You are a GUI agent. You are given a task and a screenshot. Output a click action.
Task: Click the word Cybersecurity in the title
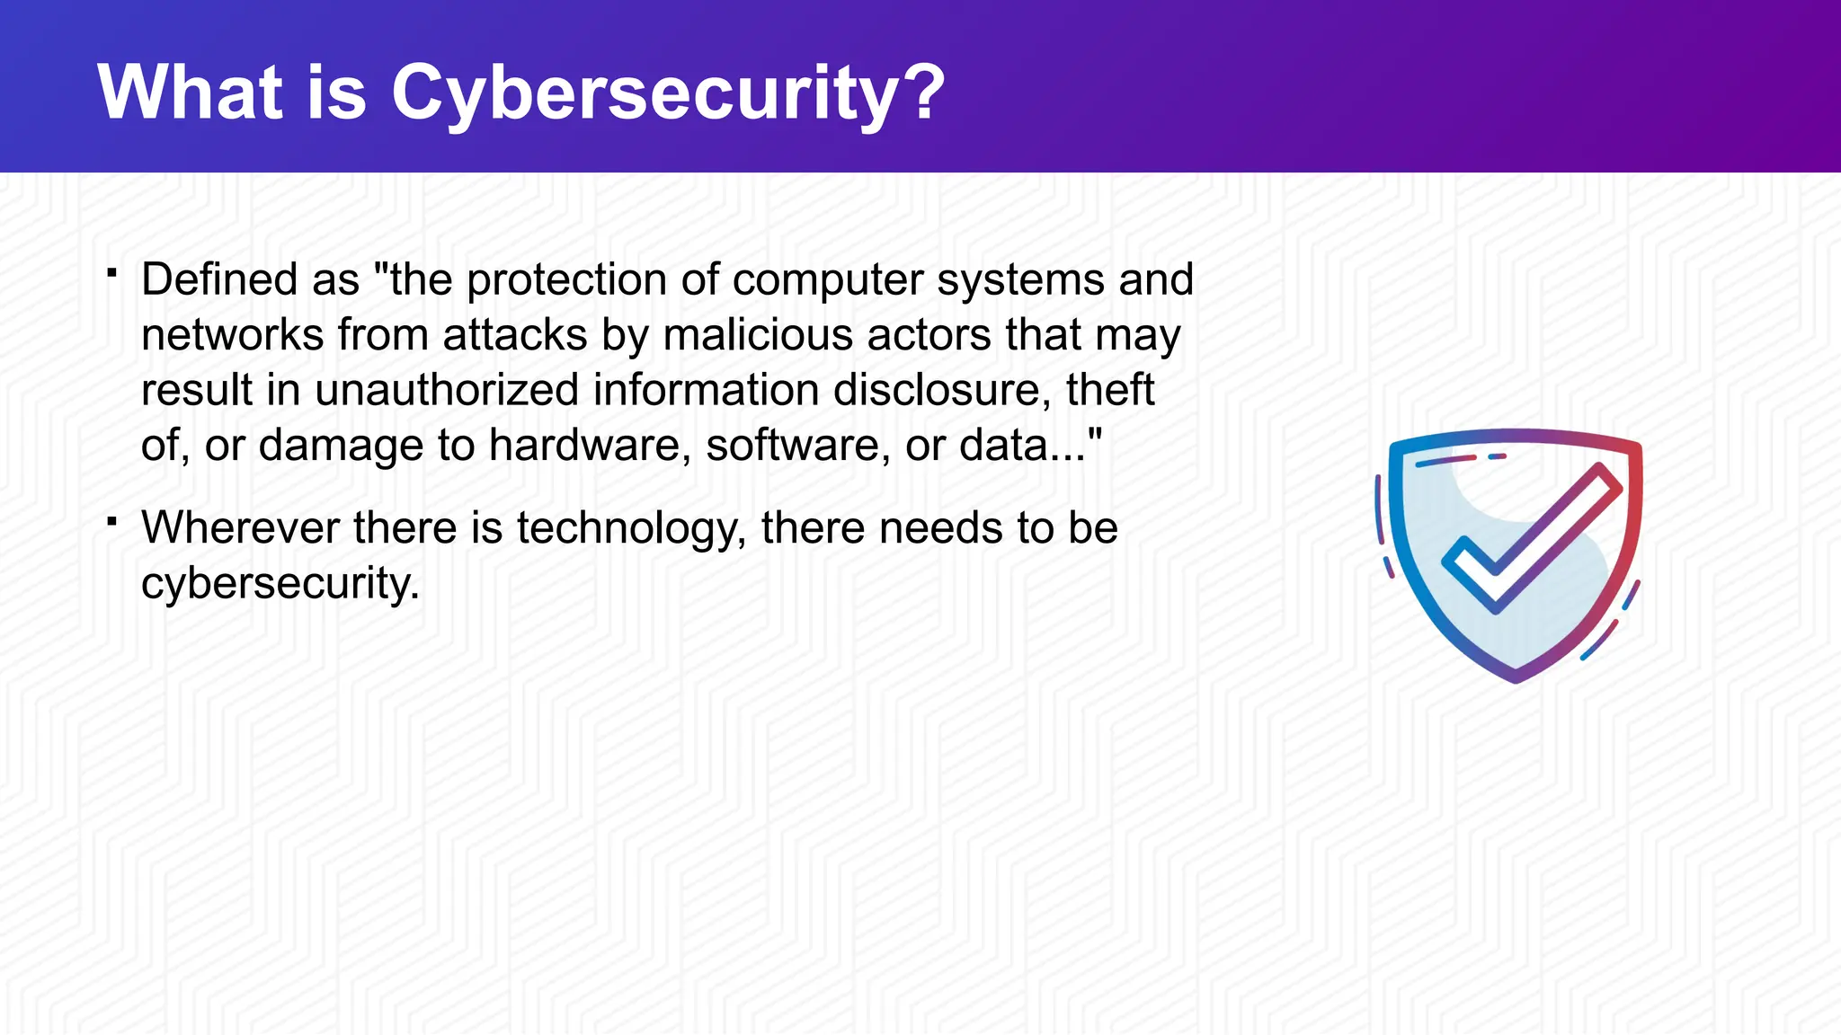pos(644,93)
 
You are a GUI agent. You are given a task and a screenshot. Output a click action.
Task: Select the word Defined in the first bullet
pos(219,279)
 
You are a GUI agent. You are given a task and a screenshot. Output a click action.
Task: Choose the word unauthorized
pos(447,390)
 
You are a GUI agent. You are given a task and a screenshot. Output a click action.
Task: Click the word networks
pos(233,335)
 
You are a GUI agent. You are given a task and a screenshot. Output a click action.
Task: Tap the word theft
pos(1110,390)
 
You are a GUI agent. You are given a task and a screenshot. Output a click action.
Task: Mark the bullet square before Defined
pos(112,272)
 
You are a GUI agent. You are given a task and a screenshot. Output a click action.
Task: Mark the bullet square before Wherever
pos(112,520)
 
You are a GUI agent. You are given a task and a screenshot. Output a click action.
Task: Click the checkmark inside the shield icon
pos(1529,540)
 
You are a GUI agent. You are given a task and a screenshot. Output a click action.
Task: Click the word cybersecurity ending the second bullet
pos(280,584)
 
